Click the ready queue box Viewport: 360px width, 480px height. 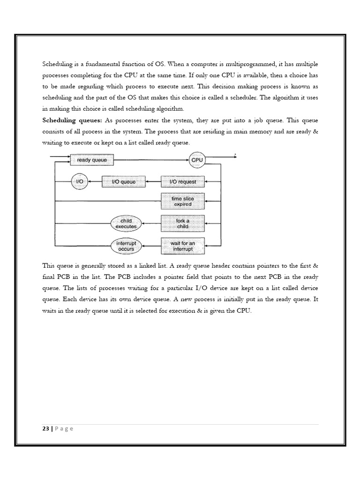92,160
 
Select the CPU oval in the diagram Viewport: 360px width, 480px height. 197,160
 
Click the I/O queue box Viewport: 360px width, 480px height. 124,181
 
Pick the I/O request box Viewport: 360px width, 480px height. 182,181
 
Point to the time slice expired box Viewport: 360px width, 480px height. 182,202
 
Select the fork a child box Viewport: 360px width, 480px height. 182,223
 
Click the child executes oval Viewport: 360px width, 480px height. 126,223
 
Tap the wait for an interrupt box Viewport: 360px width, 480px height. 182,246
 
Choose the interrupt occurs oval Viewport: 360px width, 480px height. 126,246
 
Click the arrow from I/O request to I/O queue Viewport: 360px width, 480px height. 154,181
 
